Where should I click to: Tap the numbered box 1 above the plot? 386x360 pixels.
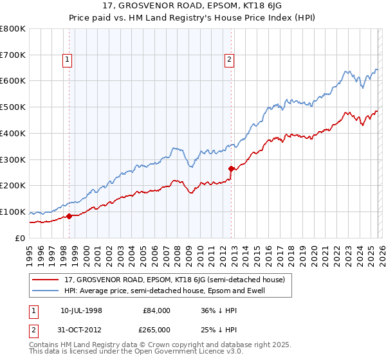(x=68, y=60)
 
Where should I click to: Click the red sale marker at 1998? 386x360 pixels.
(x=69, y=216)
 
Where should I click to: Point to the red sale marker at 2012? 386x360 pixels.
(x=231, y=168)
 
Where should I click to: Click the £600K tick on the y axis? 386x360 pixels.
(x=13, y=81)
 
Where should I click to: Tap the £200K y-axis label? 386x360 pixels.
(x=13, y=186)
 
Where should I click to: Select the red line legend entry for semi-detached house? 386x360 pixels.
(x=178, y=280)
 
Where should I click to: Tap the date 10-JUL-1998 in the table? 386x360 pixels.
(x=83, y=310)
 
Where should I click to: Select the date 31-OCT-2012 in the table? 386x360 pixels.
(x=83, y=329)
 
